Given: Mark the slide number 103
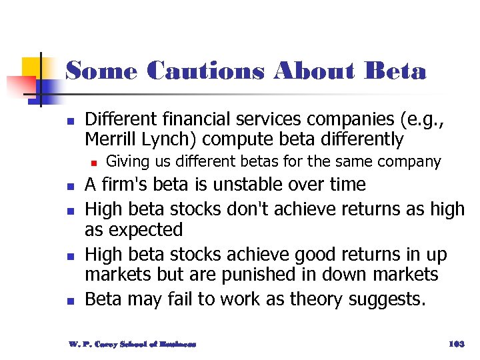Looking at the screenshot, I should (456, 344).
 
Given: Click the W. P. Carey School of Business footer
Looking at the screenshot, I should (133, 344).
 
